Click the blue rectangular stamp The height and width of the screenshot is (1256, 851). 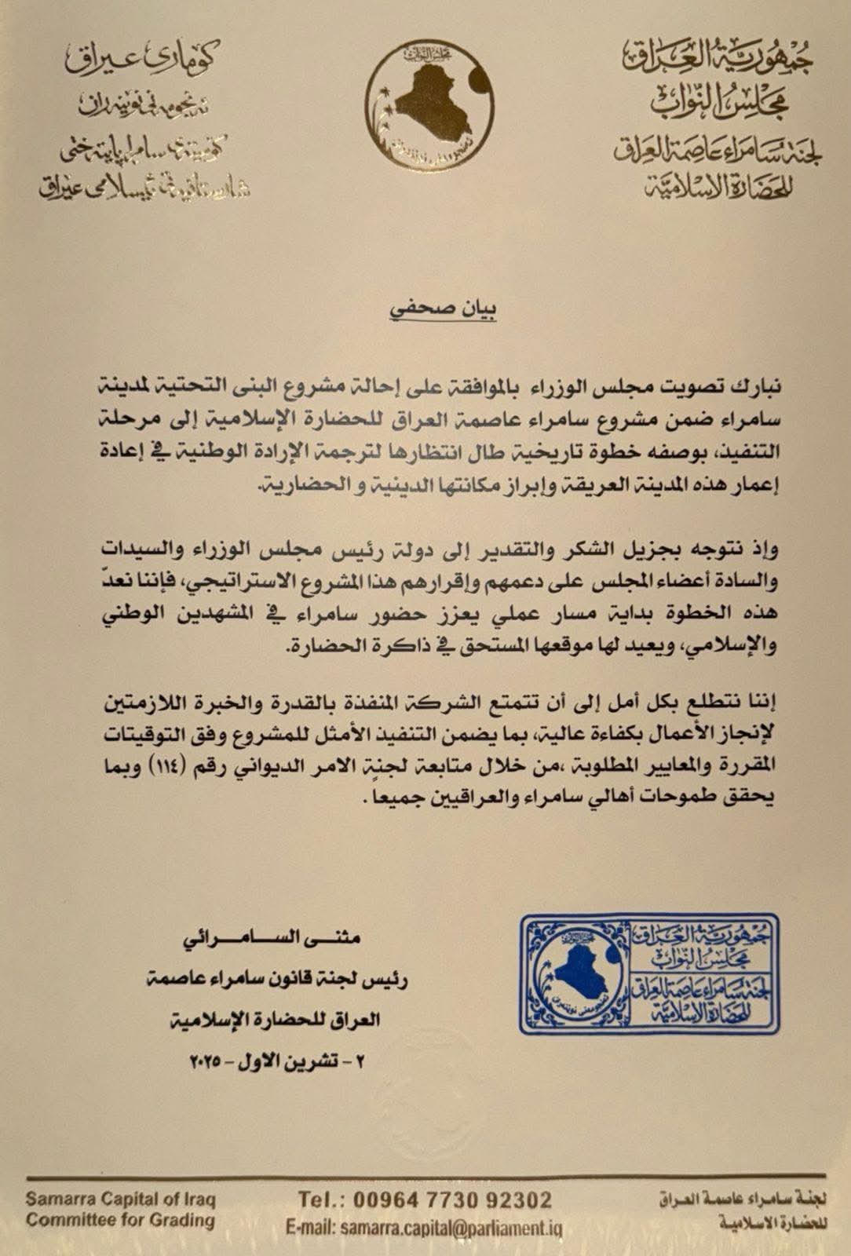coord(648,973)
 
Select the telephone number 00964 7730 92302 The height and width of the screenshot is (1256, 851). coord(452,1199)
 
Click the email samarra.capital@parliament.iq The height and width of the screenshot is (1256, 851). coord(451,1228)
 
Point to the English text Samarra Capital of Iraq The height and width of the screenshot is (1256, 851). coord(120,1199)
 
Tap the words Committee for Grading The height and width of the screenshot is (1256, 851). coord(120,1220)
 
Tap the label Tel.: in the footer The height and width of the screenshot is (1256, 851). coord(320,1199)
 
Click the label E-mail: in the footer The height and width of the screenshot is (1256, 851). coord(310,1228)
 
